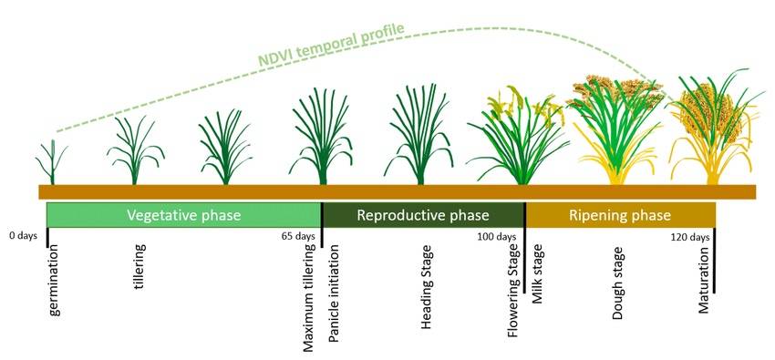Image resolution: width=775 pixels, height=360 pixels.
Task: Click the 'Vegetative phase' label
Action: pos(184,215)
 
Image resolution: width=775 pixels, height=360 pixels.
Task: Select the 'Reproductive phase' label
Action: pos(423,215)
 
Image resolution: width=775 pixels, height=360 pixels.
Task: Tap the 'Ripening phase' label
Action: pos(620,215)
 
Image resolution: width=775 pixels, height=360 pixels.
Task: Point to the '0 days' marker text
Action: pos(23,235)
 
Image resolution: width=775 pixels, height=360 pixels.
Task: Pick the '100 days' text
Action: pos(497,236)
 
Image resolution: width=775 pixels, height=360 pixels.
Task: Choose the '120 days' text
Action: pos(690,237)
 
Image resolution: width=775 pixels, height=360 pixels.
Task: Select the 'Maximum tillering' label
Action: pos(309,298)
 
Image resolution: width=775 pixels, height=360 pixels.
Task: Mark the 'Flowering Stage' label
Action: pos(513,292)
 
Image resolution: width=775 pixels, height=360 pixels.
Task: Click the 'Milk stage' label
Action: pos(537,273)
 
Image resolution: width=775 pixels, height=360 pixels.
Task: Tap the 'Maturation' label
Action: pos(704,280)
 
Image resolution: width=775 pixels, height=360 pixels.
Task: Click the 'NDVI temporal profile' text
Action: pos(331,44)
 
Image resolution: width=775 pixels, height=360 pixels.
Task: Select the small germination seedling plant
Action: pos(52,163)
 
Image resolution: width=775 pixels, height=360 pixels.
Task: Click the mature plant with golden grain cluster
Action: pos(716,129)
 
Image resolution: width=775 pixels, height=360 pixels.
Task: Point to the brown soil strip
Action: pos(398,191)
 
